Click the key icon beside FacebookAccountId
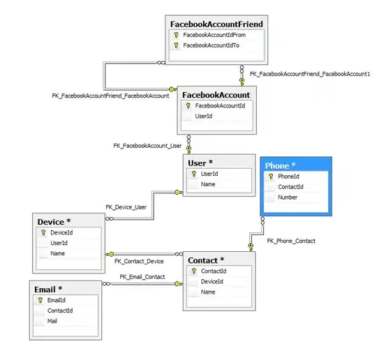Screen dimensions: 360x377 [187, 106]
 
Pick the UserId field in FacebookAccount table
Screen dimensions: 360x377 [204, 117]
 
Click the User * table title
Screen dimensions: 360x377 [200, 163]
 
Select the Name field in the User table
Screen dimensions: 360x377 [208, 185]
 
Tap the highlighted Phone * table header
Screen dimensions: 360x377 [281, 165]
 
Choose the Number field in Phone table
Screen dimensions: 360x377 [288, 197]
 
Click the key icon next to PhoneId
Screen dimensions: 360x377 [271, 177]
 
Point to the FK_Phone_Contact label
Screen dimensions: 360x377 [291, 241]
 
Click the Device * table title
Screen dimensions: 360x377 [55, 222]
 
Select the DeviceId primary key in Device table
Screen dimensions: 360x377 [61, 232]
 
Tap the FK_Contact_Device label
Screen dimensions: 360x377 [139, 261]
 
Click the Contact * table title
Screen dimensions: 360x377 [207, 260]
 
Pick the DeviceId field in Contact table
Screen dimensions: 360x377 [212, 281]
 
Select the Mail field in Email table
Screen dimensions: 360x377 [52, 321]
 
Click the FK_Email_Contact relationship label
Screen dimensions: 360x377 [142, 276]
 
